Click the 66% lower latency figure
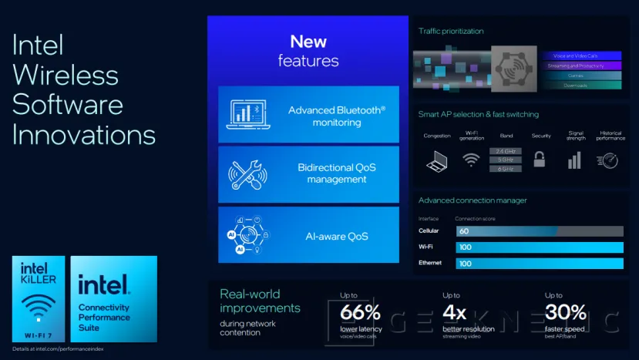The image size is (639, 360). [361, 312]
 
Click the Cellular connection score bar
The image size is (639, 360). [539, 231]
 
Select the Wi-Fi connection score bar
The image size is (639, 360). [539, 247]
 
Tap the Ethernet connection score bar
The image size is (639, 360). [539, 264]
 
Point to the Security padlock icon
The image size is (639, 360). [540, 160]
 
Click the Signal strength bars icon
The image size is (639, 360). [574, 160]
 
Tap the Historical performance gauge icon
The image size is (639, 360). [607, 160]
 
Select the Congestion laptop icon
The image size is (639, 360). [437, 161]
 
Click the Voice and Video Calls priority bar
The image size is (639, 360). [582, 56]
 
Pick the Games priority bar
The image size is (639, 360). [582, 76]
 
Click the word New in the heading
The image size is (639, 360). [308, 42]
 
